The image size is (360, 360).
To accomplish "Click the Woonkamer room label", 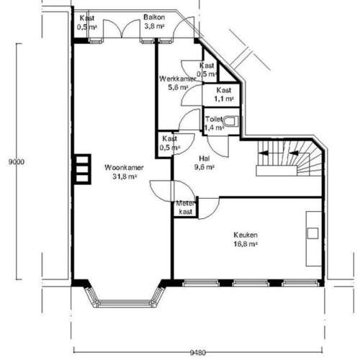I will click(x=124, y=168).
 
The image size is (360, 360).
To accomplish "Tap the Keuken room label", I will click(x=246, y=235).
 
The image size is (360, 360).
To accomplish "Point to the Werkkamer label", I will click(x=174, y=78).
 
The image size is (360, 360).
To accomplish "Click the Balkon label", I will click(x=153, y=17).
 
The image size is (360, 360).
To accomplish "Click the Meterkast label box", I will click(x=185, y=208).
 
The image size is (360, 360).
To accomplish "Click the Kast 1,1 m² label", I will click(x=225, y=94).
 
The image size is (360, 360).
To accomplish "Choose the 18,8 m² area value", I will click(x=246, y=244).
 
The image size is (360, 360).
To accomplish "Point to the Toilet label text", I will click(x=214, y=119).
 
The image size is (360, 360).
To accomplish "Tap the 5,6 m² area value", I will click(x=174, y=87).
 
